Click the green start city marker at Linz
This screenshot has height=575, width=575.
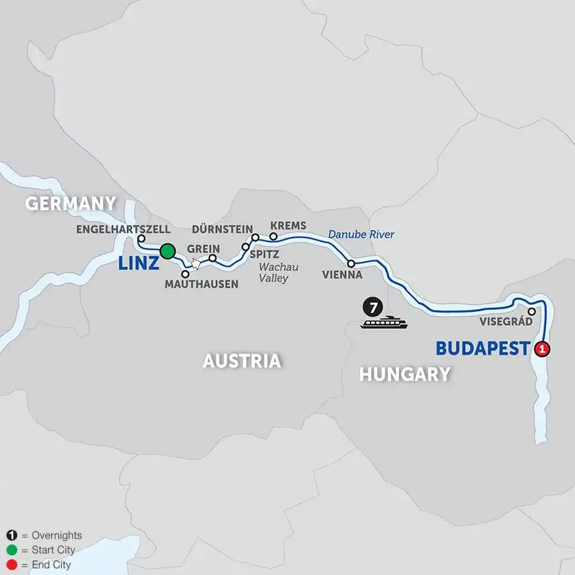(x=168, y=250)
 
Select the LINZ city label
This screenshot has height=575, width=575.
(x=137, y=263)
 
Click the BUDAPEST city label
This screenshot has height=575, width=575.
(x=483, y=349)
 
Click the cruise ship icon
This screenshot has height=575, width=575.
(x=383, y=323)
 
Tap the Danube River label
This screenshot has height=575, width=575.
(x=361, y=234)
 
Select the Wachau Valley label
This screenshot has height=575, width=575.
(x=279, y=273)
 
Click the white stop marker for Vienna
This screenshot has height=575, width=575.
(x=351, y=263)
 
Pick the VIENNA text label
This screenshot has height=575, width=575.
(x=342, y=275)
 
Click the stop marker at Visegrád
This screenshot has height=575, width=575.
(x=532, y=311)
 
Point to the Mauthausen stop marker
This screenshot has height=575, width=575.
(x=185, y=273)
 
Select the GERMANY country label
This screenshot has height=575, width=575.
(x=71, y=204)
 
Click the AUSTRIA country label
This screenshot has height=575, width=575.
(x=241, y=361)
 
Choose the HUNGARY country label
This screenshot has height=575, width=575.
(x=404, y=374)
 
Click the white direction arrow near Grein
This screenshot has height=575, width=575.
(x=195, y=263)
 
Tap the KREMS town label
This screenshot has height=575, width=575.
(x=288, y=226)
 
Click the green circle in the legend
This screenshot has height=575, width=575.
(x=11, y=550)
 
